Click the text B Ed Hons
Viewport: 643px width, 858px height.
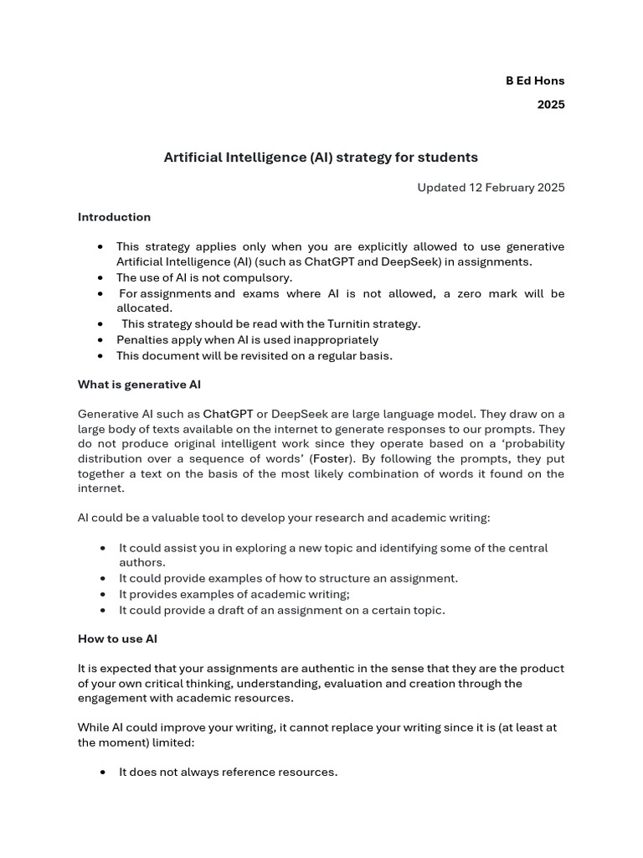(534, 80)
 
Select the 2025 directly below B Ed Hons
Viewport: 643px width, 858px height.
(551, 105)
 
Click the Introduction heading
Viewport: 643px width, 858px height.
(114, 217)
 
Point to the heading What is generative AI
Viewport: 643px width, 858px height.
(139, 385)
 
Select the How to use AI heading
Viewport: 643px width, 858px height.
(117, 638)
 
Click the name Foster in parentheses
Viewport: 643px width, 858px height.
(332, 459)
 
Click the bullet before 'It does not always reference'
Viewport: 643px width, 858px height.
(102, 773)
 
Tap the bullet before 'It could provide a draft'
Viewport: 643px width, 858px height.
(102, 610)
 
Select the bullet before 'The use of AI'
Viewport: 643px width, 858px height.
(100, 277)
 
